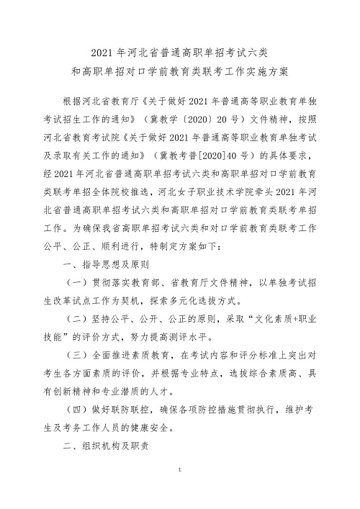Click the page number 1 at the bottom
coord(179,490)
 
